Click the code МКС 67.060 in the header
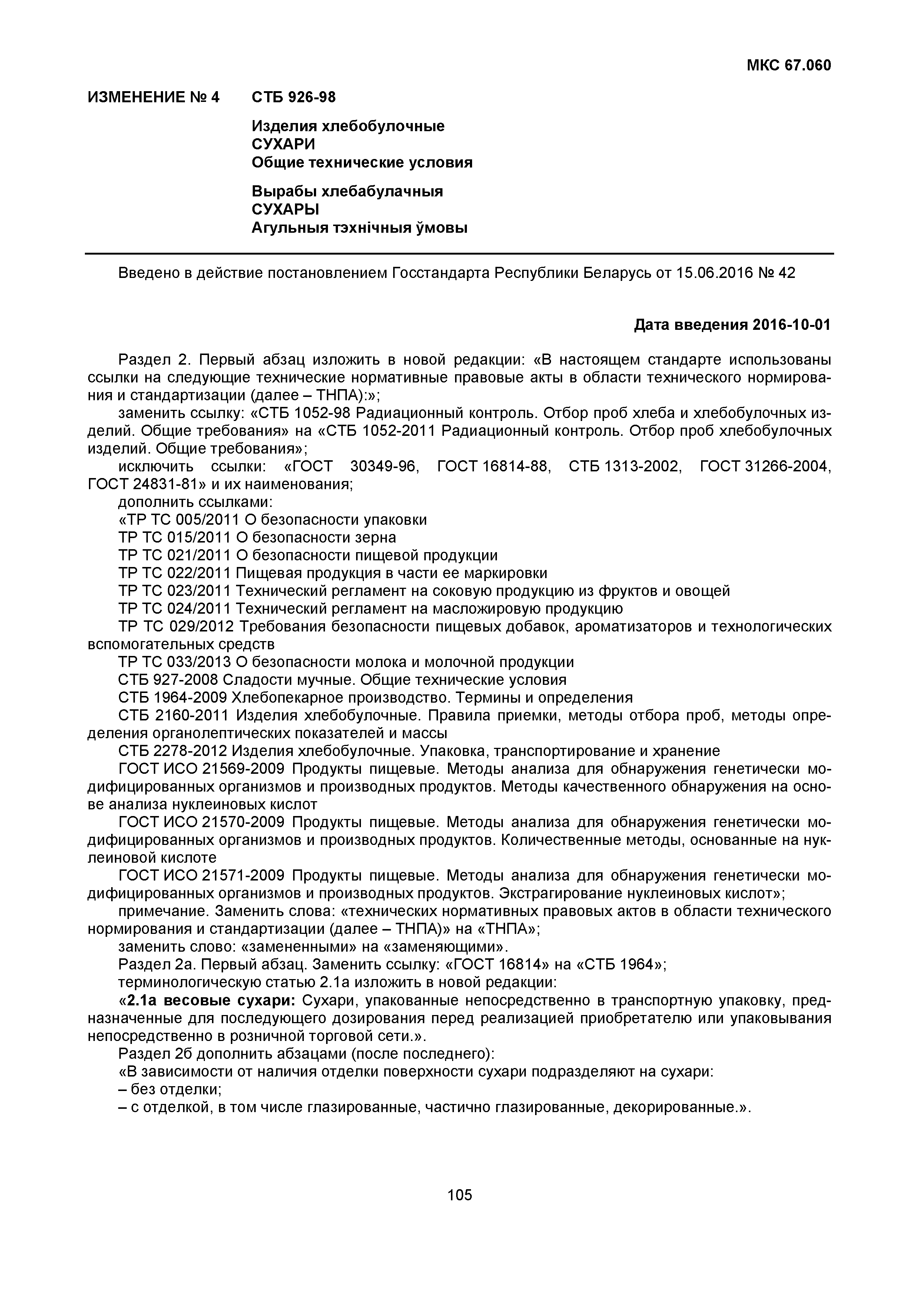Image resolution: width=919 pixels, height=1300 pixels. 789,66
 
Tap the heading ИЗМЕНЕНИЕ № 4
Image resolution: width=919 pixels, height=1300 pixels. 153,97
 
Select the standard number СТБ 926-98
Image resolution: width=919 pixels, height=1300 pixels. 293,97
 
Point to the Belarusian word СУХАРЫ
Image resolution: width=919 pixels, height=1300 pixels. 285,209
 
